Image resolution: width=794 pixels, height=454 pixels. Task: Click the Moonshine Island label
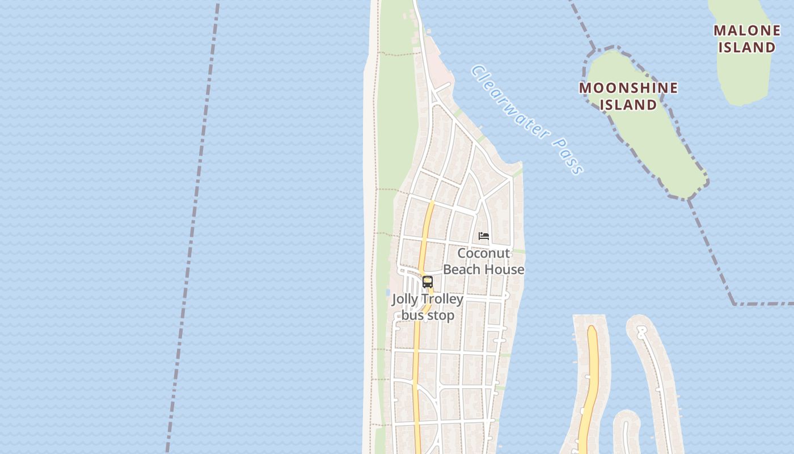click(x=628, y=96)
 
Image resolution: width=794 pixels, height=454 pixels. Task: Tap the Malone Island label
click(x=746, y=39)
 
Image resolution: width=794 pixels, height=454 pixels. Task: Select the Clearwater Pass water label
click(x=527, y=119)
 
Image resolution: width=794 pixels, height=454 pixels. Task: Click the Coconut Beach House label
click(x=484, y=261)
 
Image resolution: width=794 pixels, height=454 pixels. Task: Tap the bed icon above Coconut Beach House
click(x=484, y=236)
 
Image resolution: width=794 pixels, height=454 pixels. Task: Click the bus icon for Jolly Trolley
click(x=428, y=282)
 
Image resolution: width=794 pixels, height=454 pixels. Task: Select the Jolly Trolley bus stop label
click(x=428, y=307)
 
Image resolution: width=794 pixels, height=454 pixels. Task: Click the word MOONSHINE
click(x=628, y=88)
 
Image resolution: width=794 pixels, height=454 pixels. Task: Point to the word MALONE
click(x=746, y=31)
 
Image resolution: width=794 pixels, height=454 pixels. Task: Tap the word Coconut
click(x=484, y=253)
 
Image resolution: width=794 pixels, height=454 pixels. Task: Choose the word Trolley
click(x=442, y=299)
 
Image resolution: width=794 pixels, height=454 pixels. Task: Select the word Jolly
click(x=405, y=299)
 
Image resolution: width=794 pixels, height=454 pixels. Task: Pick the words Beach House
click(x=484, y=270)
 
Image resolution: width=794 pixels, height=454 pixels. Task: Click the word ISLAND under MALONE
click(x=746, y=47)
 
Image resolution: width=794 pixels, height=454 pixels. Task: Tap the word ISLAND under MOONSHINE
click(x=628, y=105)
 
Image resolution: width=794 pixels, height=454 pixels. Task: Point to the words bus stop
click(x=428, y=316)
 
